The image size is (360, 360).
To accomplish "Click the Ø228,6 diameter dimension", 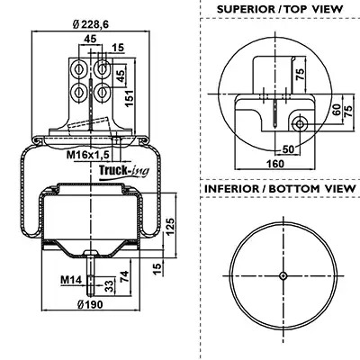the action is pos(91,24).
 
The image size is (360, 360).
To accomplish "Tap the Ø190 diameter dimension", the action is pos(90,305).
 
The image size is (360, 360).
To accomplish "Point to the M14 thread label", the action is pos(71,280).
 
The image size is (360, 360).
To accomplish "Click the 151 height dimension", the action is pos(129,98).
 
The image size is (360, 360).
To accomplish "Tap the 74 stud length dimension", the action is pos(124,276).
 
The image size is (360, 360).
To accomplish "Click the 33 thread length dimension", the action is pos(110,286).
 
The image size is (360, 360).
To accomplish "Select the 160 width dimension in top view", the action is pos(275,164).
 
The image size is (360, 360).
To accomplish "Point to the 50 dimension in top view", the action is pos(289,149).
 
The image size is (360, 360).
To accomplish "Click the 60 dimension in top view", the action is pos(337,110).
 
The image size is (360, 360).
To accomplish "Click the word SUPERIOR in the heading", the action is pos(246,9).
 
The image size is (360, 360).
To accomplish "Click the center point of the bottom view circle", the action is pos(283,275).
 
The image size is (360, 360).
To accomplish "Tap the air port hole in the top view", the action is pos(300,123).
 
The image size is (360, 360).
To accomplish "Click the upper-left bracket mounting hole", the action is pos(78,69).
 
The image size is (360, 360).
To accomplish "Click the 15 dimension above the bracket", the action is pos(118,48).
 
